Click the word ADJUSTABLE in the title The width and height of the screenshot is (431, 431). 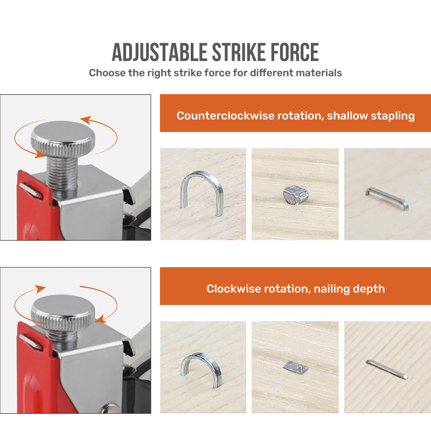[x=159, y=52]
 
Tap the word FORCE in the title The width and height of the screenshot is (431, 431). [x=295, y=52]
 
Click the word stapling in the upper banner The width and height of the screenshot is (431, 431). [x=393, y=116]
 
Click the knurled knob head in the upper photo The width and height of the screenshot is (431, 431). [x=62, y=140]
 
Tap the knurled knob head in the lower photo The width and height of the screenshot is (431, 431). [x=62, y=312]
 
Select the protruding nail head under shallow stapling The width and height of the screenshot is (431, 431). [x=295, y=195]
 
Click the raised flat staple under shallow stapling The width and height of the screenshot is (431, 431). [x=386, y=198]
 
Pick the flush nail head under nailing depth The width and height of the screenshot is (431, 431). [x=295, y=367]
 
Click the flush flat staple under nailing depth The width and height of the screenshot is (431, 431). [x=386, y=370]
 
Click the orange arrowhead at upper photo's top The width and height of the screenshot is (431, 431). [x=85, y=120]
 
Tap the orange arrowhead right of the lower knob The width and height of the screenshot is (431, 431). [x=101, y=319]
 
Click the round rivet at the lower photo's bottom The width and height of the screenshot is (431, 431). [x=111, y=409]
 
